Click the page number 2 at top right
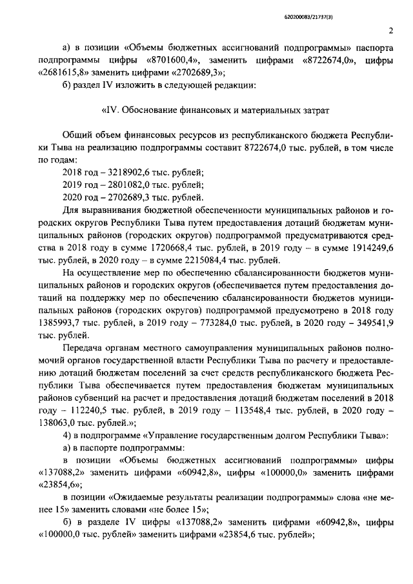392,30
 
